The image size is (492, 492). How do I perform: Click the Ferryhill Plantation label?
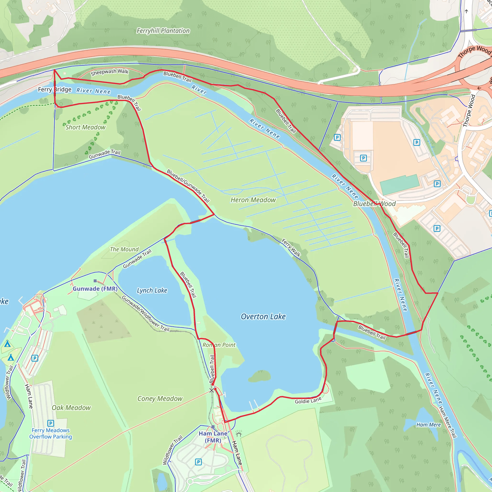(x=163, y=31)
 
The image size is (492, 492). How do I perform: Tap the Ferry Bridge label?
(x=55, y=89)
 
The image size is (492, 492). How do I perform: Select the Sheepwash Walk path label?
(x=110, y=72)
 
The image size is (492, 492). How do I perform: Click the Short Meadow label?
(x=85, y=127)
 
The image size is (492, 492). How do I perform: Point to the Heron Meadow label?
(x=253, y=200)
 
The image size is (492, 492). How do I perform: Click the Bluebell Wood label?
(x=374, y=204)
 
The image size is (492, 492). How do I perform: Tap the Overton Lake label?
(x=263, y=317)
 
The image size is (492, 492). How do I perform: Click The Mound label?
(x=124, y=249)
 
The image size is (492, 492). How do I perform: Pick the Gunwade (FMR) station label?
(x=95, y=289)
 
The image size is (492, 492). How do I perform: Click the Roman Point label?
(x=219, y=345)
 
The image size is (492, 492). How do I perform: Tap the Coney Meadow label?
(x=160, y=399)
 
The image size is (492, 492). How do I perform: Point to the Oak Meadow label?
(x=71, y=408)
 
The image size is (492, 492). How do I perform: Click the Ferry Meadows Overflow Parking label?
(x=50, y=433)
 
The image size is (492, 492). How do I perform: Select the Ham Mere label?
(x=428, y=425)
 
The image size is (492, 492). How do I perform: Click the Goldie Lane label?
(x=308, y=401)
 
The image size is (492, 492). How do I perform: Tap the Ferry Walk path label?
(x=291, y=247)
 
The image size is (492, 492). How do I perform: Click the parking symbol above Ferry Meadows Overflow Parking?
(x=50, y=423)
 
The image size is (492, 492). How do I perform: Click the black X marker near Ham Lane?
(x=212, y=390)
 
